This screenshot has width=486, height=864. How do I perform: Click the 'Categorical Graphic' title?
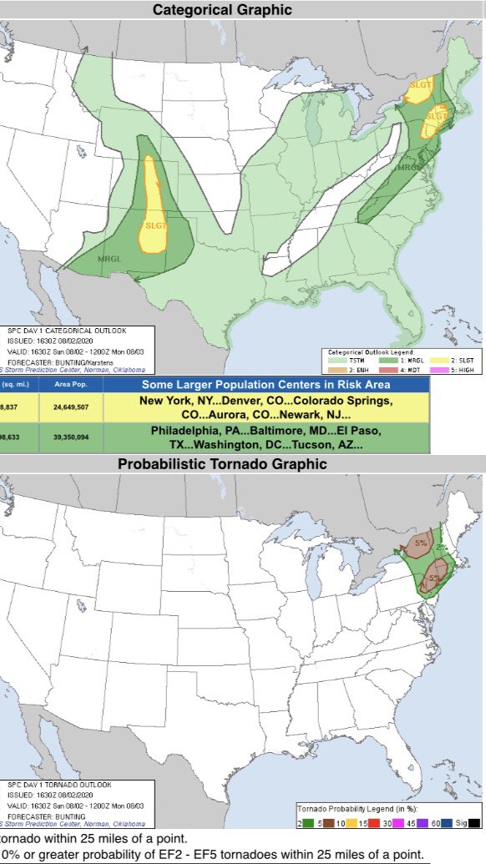coord(221,10)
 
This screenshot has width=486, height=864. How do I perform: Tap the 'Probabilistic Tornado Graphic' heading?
coord(222,464)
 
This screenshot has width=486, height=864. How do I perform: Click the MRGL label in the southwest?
coord(109,257)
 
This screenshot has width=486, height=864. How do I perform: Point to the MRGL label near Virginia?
coord(408,168)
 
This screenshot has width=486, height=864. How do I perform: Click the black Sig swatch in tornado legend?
coord(473,823)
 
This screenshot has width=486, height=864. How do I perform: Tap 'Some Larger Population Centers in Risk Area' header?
coord(266,385)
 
